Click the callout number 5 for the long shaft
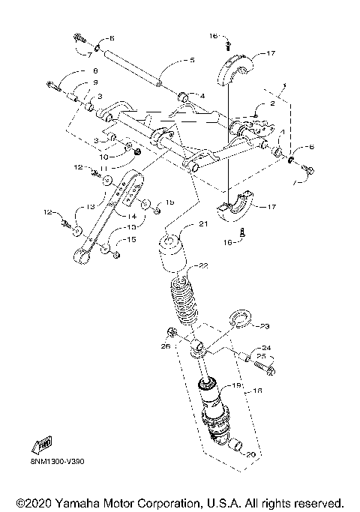192,60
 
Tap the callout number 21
202,224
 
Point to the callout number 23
263,326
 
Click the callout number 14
139,217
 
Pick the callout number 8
94,71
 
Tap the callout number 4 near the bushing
202,95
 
